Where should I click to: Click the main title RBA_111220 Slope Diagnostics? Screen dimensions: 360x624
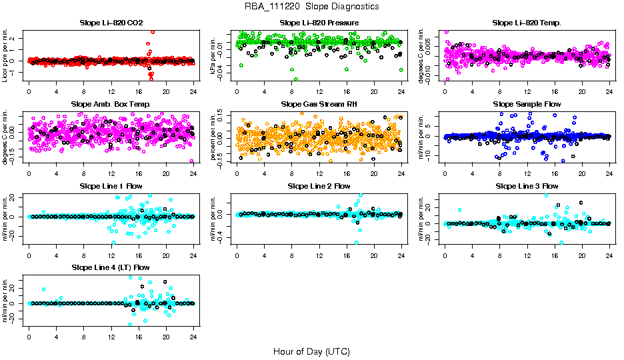pyautogui.click(x=312, y=7)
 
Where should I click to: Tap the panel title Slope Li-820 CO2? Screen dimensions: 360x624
pyautogui.click(x=111, y=23)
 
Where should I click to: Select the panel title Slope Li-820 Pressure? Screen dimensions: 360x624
pyautogui.click(x=319, y=23)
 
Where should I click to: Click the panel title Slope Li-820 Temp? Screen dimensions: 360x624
pyautogui.click(x=527, y=23)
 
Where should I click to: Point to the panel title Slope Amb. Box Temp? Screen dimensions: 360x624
pyautogui.click(x=111, y=105)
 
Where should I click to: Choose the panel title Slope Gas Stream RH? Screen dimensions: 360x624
pyautogui.click(x=319, y=105)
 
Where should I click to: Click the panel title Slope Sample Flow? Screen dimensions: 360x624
pyautogui.click(x=527, y=105)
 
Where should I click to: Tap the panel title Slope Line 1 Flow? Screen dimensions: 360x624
pyautogui.click(x=111, y=186)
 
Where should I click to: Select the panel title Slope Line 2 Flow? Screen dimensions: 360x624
pyautogui.click(x=319, y=186)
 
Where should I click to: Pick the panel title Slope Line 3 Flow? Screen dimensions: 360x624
pyautogui.click(x=527, y=186)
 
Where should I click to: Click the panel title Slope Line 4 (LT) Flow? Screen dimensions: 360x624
pyautogui.click(x=111, y=268)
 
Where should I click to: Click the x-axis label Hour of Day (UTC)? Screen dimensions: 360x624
pyautogui.click(x=312, y=351)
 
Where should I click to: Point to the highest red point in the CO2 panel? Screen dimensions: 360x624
pyautogui.click(x=153, y=32)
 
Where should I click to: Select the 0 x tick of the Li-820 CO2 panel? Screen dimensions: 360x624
pyautogui.click(x=29, y=91)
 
